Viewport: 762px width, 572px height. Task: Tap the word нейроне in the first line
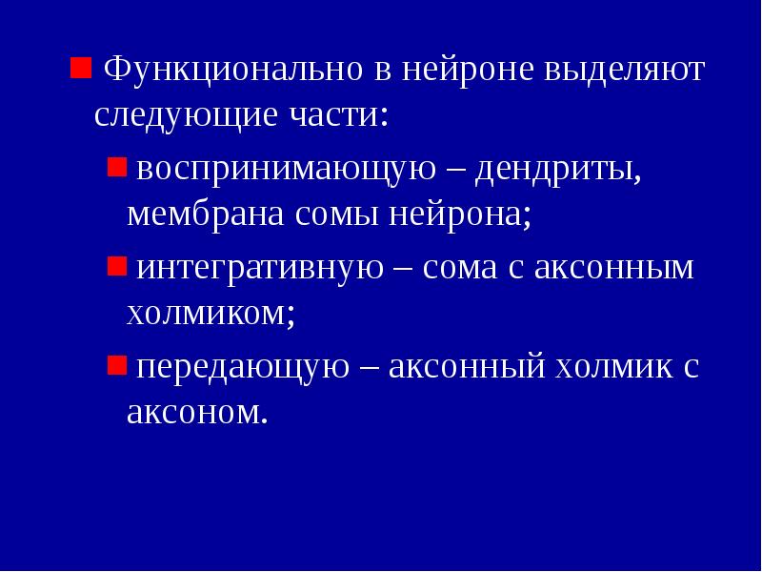click(x=466, y=70)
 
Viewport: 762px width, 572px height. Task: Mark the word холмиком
click(x=210, y=313)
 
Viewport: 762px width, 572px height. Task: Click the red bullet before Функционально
click(x=80, y=67)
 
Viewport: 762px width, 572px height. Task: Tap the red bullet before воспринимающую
click(x=115, y=167)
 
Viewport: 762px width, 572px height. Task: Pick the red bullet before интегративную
click(x=115, y=265)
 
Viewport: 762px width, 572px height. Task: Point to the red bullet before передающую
click(x=115, y=364)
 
